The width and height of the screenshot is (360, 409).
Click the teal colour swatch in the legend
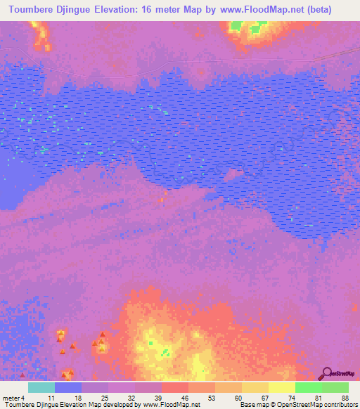click(41, 387)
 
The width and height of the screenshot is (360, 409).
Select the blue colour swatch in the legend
click(68, 387)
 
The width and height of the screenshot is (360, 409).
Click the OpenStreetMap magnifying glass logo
click(327, 373)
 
